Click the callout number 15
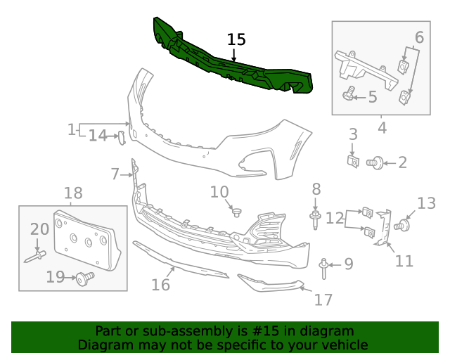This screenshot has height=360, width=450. point(237,40)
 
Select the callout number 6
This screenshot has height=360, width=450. point(419,37)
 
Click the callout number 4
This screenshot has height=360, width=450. point(382,128)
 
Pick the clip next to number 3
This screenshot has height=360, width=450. point(354,162)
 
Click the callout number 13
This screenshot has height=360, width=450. point(427,204)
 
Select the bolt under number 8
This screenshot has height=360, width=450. point(316,219)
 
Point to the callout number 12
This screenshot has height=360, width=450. point(334,218)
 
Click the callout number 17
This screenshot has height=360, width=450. point(323,300)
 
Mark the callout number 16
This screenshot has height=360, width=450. point(161,284)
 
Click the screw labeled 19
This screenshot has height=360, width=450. point(85,278)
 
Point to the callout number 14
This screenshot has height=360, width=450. point(98,136)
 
